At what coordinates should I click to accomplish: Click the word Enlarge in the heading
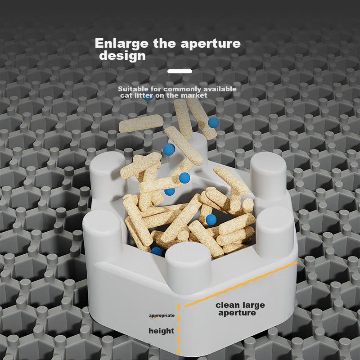[121, 44]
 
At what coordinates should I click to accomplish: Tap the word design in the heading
[122, 55]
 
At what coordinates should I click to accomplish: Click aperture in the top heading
[211, 44]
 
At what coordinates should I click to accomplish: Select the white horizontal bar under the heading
[180, 72]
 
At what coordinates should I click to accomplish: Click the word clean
[227, 305]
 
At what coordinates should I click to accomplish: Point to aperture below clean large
[237, 313]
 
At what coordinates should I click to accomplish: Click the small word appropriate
[162, 315]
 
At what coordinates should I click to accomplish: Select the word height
[162, 331]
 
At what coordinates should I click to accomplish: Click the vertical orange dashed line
[179, 329]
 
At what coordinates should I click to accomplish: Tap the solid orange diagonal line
[241, 284]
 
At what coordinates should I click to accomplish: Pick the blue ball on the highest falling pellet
[213, 122]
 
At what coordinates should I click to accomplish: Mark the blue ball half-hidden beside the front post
[157, 251]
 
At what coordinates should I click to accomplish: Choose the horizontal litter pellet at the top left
[141, 123]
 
